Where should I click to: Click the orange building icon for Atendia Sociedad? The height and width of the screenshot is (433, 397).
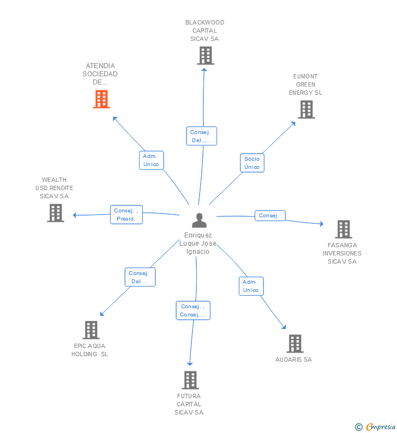101,99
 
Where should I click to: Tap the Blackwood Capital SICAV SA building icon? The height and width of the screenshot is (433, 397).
205,56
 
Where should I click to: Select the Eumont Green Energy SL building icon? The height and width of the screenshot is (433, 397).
306,109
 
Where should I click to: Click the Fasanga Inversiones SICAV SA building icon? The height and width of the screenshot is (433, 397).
343,229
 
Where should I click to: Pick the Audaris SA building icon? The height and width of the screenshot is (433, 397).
294,344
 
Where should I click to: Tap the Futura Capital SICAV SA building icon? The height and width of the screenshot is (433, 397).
190,380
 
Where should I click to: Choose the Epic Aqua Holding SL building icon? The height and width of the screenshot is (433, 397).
91,330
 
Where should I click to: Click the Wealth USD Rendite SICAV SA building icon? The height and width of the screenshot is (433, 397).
55,213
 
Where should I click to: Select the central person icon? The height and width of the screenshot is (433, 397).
200,221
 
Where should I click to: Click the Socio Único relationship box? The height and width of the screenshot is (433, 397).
252,163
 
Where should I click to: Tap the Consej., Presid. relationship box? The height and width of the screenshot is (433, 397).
127,215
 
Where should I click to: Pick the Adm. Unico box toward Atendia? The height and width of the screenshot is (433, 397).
151,160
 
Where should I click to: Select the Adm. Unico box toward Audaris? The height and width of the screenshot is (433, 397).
251,286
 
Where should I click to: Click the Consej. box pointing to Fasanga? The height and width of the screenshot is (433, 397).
269,216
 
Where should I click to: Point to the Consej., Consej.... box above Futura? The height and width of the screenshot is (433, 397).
193,310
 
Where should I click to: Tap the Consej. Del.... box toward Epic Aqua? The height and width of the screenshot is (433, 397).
140,277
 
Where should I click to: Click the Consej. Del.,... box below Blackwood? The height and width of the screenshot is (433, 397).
201,136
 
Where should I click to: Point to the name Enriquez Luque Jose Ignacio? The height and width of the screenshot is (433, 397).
197,243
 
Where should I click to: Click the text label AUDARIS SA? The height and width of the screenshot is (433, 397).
293,359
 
